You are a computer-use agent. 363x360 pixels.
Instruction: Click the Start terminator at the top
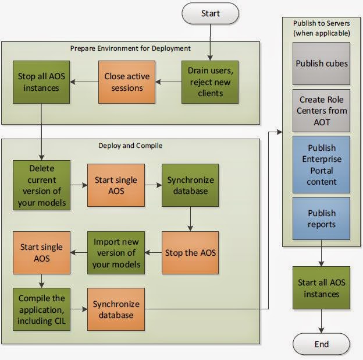coord(210,13)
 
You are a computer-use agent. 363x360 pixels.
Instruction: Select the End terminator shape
coord(321,344)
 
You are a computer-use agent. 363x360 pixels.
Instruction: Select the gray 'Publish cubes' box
coord(321,63)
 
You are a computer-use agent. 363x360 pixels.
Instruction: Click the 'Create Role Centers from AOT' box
coord(321,110)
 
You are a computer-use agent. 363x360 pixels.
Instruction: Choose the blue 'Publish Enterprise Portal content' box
coord(321,164)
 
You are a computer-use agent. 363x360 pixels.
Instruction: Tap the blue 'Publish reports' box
coord(321,218)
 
